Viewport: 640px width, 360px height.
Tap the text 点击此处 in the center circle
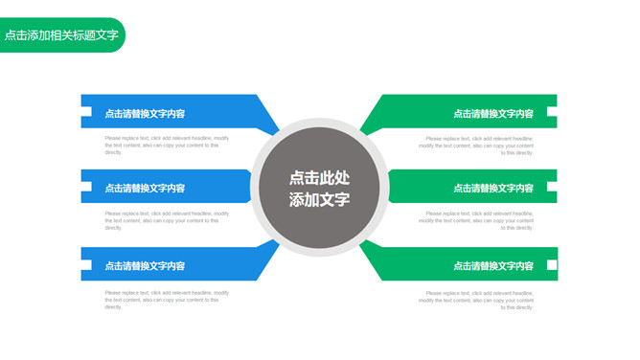[319, 177]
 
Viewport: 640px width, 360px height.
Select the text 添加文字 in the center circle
[319, 199]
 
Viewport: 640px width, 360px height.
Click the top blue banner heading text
[145, 113]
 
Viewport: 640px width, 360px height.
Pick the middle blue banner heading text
[145, 188]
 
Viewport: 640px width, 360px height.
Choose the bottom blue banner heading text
[145, 265]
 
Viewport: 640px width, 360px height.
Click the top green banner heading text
[493, 113]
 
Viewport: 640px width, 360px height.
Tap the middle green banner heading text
[493, 188]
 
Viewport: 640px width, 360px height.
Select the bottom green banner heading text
[493, 265]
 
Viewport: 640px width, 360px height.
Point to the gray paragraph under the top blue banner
[167, 145]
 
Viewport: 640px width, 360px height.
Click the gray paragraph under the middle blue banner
[167, 220]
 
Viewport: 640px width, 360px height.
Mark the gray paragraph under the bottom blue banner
[167, 299]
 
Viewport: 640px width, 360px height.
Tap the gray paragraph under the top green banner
[477, 145]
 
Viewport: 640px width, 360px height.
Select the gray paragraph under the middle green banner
[477, 220]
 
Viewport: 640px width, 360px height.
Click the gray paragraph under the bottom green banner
[477, 299]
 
